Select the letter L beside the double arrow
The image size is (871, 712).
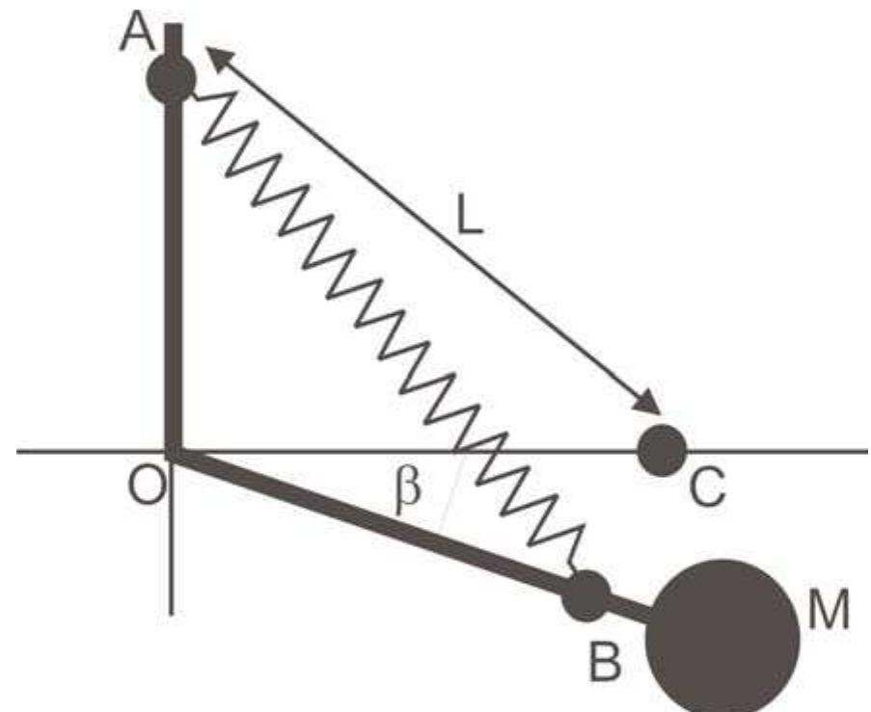[470, 221]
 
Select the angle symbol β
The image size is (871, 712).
[408, 488]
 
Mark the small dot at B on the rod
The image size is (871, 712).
[586, 596]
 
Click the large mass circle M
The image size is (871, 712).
[723, 636]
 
